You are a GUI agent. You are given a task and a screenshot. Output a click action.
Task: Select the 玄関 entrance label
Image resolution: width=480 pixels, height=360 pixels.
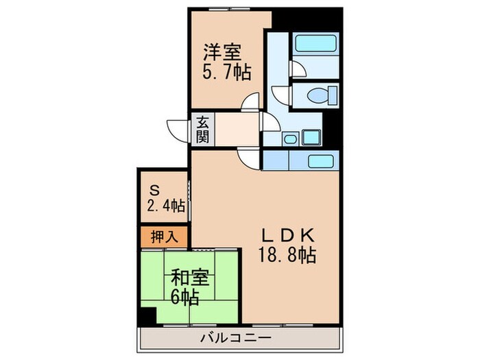point(203,130)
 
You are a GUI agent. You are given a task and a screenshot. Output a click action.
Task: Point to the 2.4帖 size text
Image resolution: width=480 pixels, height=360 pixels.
point(165,205)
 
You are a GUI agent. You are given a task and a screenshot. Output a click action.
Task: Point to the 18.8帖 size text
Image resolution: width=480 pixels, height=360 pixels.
point(287,256)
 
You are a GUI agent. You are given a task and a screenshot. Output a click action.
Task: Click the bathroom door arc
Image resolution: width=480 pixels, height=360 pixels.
point(296,69)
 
